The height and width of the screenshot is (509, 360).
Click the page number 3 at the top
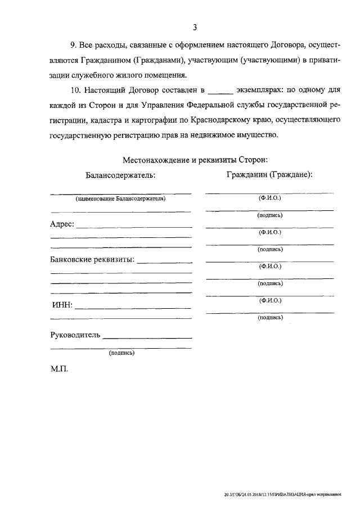click(194, 27)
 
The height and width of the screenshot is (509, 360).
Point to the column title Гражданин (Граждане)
click(269, 174)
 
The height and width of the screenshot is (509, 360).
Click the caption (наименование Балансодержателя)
click(121, 199)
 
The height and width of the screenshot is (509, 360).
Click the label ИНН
click(60, 306)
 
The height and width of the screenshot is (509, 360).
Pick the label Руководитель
click(75, 335)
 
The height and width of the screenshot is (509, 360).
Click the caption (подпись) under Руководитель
click(121, 354)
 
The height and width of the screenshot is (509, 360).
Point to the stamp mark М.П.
click(59, 372)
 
